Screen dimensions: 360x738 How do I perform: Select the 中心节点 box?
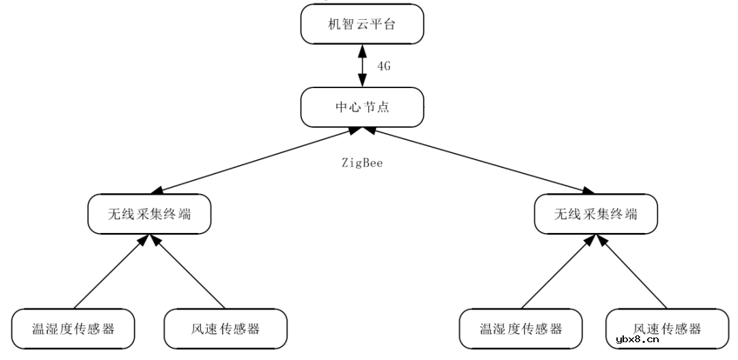(x=362, y=107)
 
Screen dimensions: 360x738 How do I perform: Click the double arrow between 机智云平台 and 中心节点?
(x=362, y=67)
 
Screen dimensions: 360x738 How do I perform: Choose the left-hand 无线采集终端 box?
(x=149, y=214)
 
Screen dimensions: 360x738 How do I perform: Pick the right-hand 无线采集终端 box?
(x=596, y=214)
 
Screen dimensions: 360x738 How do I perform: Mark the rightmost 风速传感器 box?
(x=667, y=329)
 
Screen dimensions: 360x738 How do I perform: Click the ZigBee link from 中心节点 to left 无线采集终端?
(x=256, y=161)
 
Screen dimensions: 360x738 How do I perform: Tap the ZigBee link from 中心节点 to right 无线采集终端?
(x=478, y=161)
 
